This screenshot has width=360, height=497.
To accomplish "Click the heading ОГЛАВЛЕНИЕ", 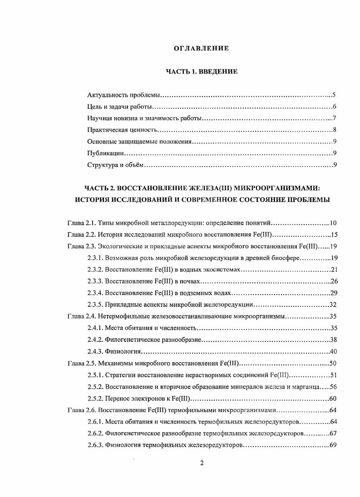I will click(x=202, y=49).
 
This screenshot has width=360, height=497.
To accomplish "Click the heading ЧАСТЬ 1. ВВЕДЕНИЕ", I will click(x=201, y=72).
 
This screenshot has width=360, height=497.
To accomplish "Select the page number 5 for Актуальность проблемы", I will click(x=334, y=95).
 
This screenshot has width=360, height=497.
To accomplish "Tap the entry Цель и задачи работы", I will click(x=119, y=107).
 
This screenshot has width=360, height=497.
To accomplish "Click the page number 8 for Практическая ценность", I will click(x=334, y=130).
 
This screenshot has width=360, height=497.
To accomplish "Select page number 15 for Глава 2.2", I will click(x=332, y=235).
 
